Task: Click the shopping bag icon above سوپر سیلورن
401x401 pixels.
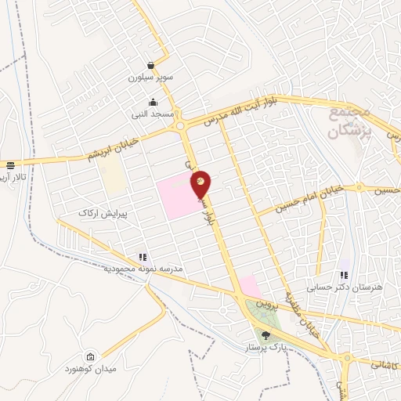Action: pos(151,66)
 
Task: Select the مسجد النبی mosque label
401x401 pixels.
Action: pos(153,114)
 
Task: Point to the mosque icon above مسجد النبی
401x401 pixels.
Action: pos(153,102)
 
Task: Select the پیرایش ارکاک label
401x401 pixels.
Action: pos(102,212)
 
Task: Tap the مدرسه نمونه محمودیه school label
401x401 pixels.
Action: pos(143,269)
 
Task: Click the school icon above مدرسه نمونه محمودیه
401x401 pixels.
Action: pos(142,256)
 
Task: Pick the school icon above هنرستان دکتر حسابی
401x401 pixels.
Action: pos(343,275)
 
